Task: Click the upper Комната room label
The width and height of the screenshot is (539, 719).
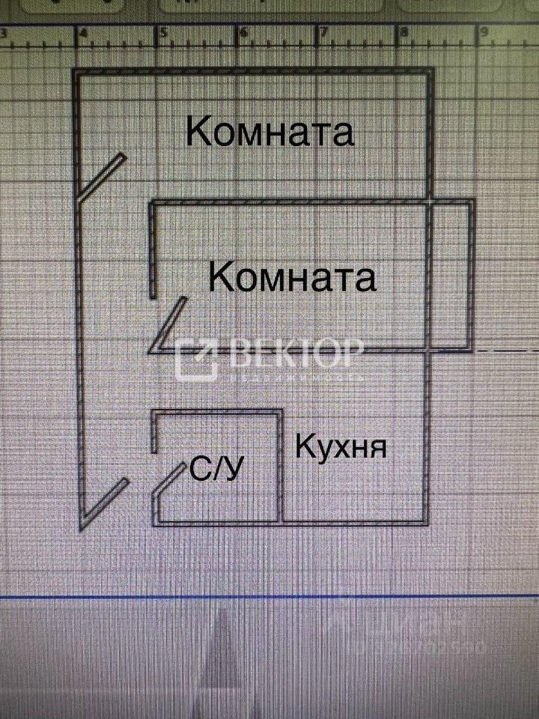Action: [269, 133]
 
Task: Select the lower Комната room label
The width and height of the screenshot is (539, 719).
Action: [292, 277]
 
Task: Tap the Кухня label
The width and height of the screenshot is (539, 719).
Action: [341, 447]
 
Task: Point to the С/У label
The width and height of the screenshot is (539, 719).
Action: [217, 470]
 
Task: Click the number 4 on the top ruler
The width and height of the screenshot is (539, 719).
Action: [83, 34]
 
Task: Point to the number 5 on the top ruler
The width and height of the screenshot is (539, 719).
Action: [163, 34]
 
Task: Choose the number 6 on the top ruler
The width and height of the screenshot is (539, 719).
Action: [244, 34]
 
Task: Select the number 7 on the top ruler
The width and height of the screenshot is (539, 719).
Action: [324, 34]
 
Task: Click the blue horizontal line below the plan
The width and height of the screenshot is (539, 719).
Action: [269, 596]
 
